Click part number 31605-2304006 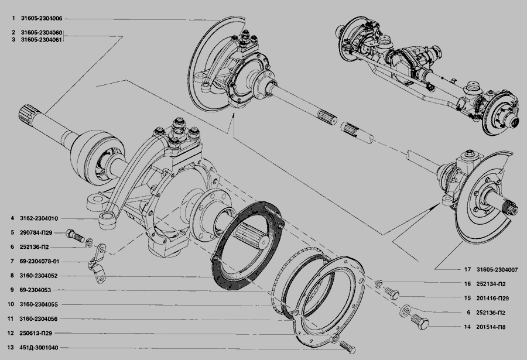tap(42, 19)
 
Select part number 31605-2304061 tap(42, 40)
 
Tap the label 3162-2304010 tap(39, 218)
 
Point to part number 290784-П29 tap(36, 232)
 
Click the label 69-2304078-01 tap(39, 261)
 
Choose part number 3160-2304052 tap(39, 276)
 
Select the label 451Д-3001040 tap(39, 348)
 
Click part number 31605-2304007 tap(497, 270)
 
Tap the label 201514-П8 tap(491, 327)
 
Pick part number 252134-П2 tap(491, 284)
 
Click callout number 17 tap(467, 270)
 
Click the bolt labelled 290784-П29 tap(76, 235)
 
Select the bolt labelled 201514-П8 tap(420, 322)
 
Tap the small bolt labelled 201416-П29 tap(392, 293)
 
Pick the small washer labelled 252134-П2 tap(378, 284)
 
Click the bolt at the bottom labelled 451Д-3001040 tap(347, 347)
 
